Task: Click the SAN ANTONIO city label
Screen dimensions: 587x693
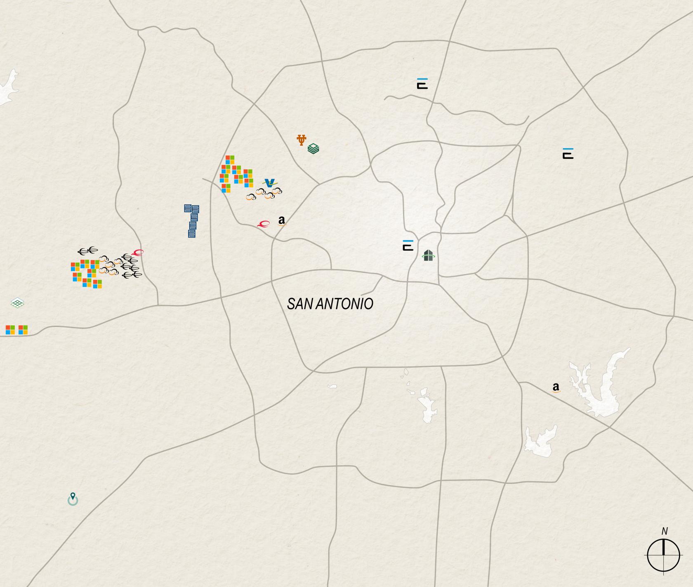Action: [330, 304]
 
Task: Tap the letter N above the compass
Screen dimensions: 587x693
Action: [664, 531]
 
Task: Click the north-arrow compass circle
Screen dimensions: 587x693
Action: [663, 556]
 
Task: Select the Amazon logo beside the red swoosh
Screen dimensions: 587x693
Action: [282, 221]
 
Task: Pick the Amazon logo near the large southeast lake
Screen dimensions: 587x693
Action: [556, 387]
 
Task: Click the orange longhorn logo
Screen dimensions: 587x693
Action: [302, 140]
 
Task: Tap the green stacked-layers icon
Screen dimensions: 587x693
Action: [313, 148]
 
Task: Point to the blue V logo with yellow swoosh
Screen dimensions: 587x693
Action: [270, 183]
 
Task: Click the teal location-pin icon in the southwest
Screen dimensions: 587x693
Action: [73, 499]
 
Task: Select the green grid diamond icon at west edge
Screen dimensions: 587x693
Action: [17, 303]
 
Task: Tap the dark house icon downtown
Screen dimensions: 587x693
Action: [428, 256]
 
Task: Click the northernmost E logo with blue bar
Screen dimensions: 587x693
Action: [422, 83]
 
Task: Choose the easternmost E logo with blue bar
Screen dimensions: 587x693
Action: [568, 154]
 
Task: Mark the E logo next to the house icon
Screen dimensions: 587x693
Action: [408, 245]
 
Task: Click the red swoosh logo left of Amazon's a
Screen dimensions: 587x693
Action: [263, 224]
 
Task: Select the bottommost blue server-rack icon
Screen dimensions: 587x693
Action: [192, 234]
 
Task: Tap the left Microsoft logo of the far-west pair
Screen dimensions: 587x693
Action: [10, 330]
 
